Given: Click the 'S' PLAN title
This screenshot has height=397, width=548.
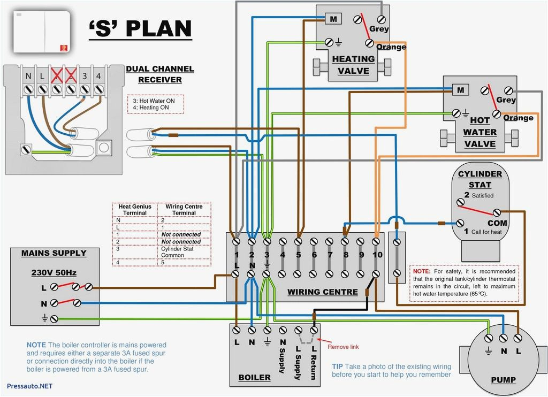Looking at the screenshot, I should (140, 29).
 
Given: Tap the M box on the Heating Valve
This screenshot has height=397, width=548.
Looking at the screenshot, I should (333, 19).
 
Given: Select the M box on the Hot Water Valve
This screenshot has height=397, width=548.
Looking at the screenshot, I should (460, 90).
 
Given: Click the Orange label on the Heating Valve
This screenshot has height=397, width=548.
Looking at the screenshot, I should (391, 47).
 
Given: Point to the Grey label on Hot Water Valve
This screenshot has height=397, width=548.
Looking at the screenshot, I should (506, 100).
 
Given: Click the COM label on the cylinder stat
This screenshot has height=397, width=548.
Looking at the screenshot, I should (497, 223).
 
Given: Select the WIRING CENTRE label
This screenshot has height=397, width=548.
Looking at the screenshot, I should (323, 292).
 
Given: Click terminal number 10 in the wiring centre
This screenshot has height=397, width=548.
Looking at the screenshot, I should (377, 255).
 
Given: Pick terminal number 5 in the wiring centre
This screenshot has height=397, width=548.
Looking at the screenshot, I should (299, 255).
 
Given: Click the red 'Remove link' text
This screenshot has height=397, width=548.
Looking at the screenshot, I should (343, 347).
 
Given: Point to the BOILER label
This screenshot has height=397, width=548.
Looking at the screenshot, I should (255, 377).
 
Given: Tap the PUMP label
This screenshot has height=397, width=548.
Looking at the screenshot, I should (503, 380).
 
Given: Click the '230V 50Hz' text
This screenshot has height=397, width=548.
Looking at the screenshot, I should (54, 272).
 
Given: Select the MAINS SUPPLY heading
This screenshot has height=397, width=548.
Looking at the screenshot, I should (54, 253).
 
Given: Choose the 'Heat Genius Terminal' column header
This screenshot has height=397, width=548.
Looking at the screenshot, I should (135, 209).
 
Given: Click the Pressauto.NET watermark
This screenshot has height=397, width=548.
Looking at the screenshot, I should (29, 386).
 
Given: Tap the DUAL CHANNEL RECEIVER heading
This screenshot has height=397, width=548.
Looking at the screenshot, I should (160, 74).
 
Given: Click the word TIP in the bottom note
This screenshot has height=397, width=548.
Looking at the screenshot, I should (337, 367).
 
